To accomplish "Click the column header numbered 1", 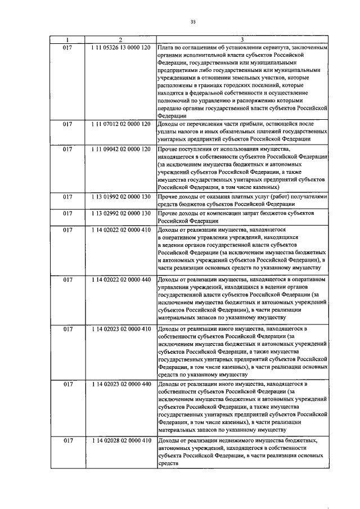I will click(67, 40).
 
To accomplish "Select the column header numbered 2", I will click(120, 40).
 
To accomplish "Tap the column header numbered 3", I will click(242, 40).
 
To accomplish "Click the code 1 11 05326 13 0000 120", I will click(120, 48).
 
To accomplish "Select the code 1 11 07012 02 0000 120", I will click(120, 123).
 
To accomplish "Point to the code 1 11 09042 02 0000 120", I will click(120, 149).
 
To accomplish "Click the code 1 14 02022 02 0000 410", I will click(120, 231).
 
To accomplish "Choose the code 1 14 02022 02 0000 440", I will click(120, 280).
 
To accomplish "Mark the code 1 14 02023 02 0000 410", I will click(120, 328).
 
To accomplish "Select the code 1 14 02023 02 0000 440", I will click(120, 384).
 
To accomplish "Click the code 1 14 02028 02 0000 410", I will click(120, 440).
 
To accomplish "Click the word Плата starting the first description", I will click(168, 48).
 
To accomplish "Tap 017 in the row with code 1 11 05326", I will click(67, 48).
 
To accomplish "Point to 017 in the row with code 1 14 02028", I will click(67, 440).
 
